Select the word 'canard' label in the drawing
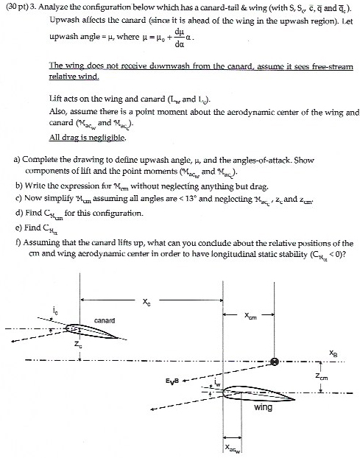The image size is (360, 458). [x=103, y=320]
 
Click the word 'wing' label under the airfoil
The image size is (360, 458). [x=263, y=407]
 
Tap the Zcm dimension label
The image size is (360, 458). [x=336, y=376]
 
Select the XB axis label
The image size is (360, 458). [x=336, y=352]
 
